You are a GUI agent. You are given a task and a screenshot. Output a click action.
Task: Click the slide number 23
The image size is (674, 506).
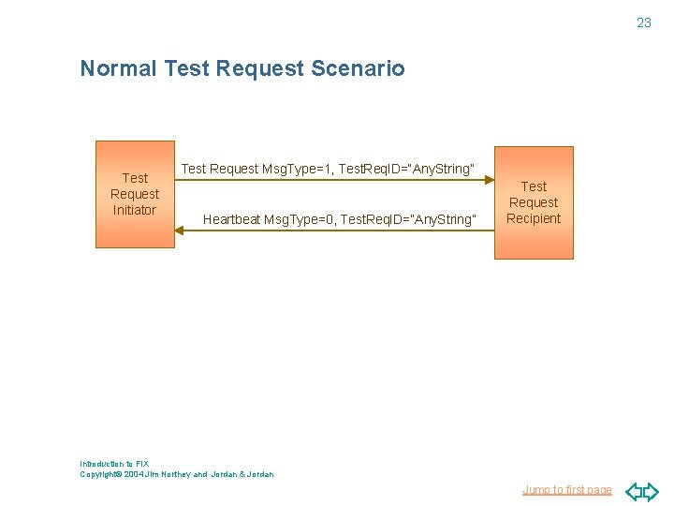[644, 22]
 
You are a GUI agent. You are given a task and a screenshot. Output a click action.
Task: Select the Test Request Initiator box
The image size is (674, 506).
[135, 194]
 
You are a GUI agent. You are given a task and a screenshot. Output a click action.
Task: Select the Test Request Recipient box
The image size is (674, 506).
[534, 202]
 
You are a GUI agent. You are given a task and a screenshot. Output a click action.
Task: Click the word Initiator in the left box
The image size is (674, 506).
[135, 210]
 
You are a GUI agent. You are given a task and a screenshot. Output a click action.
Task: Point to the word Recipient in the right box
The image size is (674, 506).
[534, 218]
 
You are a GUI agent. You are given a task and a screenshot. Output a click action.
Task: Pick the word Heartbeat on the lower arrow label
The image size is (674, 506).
[231, 219]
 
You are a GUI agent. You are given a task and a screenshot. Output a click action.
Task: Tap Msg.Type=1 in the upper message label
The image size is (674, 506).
[296, 169]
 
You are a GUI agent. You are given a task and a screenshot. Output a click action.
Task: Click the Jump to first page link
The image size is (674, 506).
[567, 489]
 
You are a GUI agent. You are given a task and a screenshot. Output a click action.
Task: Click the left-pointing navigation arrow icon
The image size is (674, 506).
[635, 490]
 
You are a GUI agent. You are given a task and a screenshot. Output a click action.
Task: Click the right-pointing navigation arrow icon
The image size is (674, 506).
[652, 490]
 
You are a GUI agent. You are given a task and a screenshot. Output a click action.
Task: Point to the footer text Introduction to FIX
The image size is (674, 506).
[114, 464]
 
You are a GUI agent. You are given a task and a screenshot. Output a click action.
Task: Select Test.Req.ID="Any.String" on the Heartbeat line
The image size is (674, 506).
[408, 219]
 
